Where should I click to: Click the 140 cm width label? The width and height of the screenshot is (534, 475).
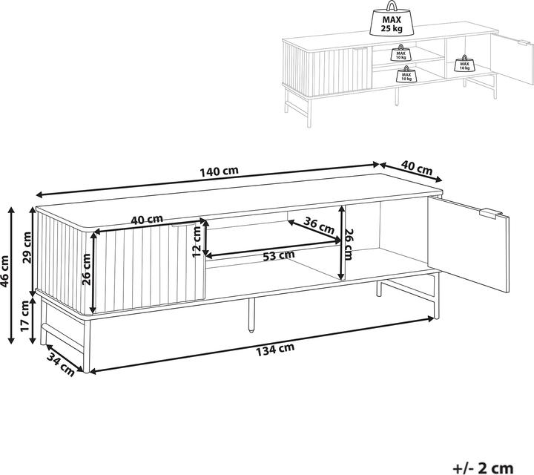point(219,171)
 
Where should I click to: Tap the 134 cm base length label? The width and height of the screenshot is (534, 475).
point(275,350)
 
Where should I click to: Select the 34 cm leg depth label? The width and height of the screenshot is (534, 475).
point(61,364)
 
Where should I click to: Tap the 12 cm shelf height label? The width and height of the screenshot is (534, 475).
point(197,242)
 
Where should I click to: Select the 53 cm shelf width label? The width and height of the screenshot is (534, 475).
point(279,255)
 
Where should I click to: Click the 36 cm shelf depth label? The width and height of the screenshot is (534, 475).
point(319,225)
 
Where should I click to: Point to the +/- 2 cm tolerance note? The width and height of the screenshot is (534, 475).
point(483,468)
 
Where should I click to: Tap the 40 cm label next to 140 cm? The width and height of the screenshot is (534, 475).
point(417,168)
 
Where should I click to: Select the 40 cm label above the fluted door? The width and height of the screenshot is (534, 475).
point(147,220)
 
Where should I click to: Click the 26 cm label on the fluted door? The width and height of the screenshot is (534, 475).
point(86,269)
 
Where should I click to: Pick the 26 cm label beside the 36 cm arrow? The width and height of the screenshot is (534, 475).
point(349,244)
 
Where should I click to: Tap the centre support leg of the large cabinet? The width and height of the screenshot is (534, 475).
point(251,315)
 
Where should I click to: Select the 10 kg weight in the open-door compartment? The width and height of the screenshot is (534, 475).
point(464,63)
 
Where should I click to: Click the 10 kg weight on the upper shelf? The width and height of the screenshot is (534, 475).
point(400,53)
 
